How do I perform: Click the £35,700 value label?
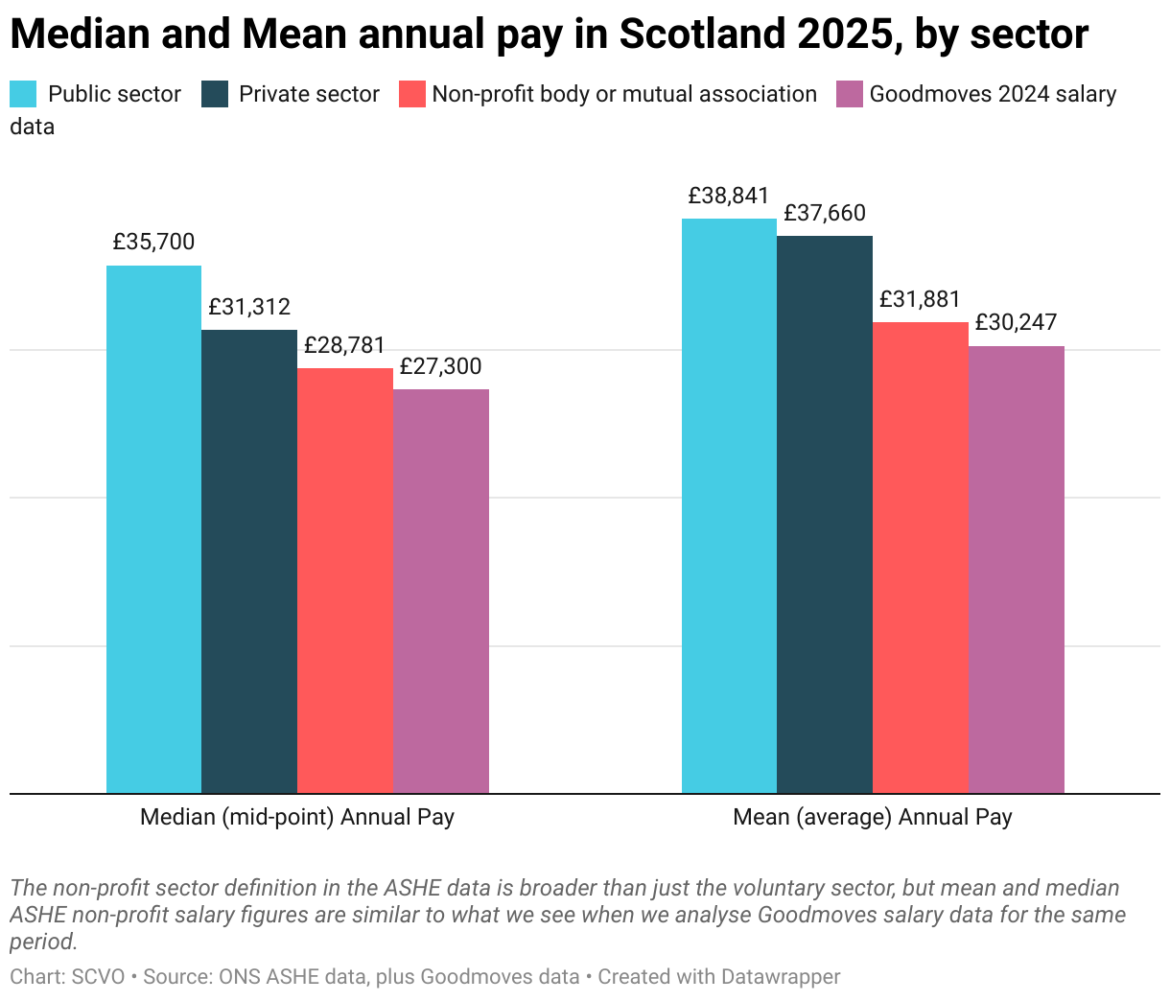coord(153,243)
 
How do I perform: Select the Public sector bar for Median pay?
coord(153,527)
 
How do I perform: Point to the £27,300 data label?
coord(441,366)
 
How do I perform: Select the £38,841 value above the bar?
coord(729,197)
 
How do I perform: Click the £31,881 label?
coord(921,299)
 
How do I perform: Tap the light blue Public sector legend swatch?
coord(23,94)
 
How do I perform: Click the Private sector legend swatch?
coord(215,94)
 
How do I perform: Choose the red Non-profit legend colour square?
coord(411,94)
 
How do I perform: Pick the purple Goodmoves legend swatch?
coord(850,94)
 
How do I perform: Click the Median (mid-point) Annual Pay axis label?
coord(297,818)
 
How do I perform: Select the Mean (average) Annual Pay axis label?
coord(873,818)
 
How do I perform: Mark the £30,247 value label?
coord(1017,323)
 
